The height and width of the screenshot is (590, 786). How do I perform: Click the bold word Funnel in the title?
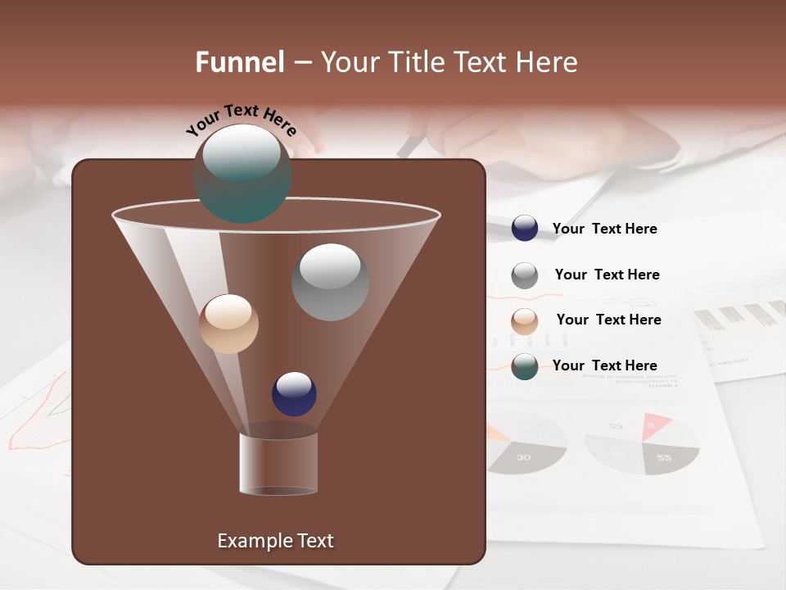coord(240,62)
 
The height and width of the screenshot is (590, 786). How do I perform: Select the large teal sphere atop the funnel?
coord(242,173)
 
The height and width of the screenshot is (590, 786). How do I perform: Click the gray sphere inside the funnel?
coord(330,282)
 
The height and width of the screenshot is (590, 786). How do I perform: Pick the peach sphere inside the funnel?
coord(228,324)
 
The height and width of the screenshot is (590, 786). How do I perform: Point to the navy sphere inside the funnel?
coord(294,393)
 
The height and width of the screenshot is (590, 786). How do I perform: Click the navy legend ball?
coord(525,228)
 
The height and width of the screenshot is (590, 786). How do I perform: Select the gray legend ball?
coord(525,275)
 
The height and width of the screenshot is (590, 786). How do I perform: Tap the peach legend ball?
coord(525,321)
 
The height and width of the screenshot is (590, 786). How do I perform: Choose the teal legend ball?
coord(525,366)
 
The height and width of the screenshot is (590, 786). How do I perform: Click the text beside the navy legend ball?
coord(604,229)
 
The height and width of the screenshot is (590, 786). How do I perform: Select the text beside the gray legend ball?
coord(607,275)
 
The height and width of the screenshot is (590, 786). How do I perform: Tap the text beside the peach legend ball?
coord(608,320)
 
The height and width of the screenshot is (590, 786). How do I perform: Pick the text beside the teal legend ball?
coord(604,365)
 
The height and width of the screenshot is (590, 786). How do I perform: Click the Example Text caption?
coord(275,541)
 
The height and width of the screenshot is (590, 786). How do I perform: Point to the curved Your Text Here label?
coord(242,119)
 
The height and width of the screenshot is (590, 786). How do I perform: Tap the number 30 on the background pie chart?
coord(523,456)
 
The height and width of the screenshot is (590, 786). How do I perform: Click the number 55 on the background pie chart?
coord(664,457)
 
